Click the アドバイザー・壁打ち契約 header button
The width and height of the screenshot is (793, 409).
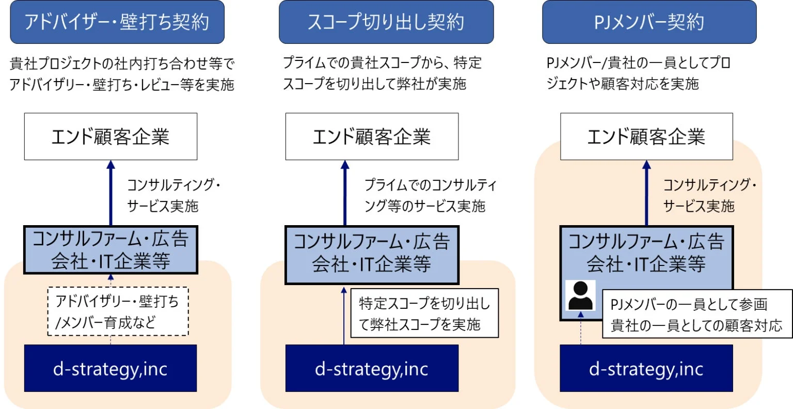pos(117,22)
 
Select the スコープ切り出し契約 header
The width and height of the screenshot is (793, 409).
pos(386,22)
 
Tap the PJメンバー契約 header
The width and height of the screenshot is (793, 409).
pos(649,22)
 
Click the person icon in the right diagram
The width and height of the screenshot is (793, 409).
pos(581,295)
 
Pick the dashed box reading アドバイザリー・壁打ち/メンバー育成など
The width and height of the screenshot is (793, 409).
pos(118,311)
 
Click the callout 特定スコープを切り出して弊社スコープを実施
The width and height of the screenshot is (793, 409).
pos(424,313)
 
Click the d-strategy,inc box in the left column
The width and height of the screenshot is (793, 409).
pos(110,368)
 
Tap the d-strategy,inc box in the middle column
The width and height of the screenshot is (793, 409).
pos(372,368)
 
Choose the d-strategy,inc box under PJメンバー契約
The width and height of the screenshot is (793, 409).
pos(646,368)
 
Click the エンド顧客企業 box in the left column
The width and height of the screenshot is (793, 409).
pos(110,136)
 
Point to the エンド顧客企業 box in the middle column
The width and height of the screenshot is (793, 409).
pos(372,136)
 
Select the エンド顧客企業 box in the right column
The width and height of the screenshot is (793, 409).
pos(646,136)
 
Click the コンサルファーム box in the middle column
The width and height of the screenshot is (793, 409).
pos(372,254)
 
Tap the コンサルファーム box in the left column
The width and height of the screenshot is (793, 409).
pos(110,250)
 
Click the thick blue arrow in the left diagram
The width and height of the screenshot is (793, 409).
pos(110,194)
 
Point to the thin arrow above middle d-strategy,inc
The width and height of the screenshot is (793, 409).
pos(344,315)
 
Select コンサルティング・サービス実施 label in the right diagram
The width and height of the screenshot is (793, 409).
pos(708,195)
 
